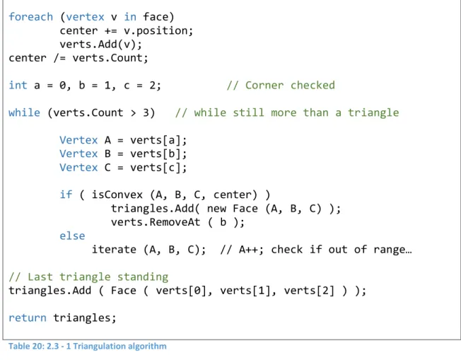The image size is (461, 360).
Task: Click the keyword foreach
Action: click(x=31, y=17)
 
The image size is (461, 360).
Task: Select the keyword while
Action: click(x=25, y=112)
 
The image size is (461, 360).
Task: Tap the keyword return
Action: click(x=28, y=318)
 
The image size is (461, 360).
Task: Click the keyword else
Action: click(x=72, y=236)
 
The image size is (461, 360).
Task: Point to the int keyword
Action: click(x=18, y=86)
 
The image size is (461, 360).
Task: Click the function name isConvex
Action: click(x=117, y=194)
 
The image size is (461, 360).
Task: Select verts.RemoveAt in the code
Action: click(x=156, y=222)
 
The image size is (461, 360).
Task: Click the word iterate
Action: click(x=114, y=250)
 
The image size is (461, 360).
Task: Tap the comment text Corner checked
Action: click(x=290, y=86)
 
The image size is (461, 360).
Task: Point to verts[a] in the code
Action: click(x=156, y=140)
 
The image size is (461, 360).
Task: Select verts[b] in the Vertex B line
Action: click(x=156, y=153)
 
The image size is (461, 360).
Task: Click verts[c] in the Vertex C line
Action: click(x=156, y=168)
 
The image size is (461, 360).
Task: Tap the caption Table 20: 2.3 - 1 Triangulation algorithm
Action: click(x=87, y=346)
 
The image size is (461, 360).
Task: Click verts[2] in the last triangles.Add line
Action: click(x=309, y=291)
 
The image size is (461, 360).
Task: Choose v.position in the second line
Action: click(x=156, y=31)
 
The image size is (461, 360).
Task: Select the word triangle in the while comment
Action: click(x=373, y=112)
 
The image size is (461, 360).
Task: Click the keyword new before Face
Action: click(x=216, y=209)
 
